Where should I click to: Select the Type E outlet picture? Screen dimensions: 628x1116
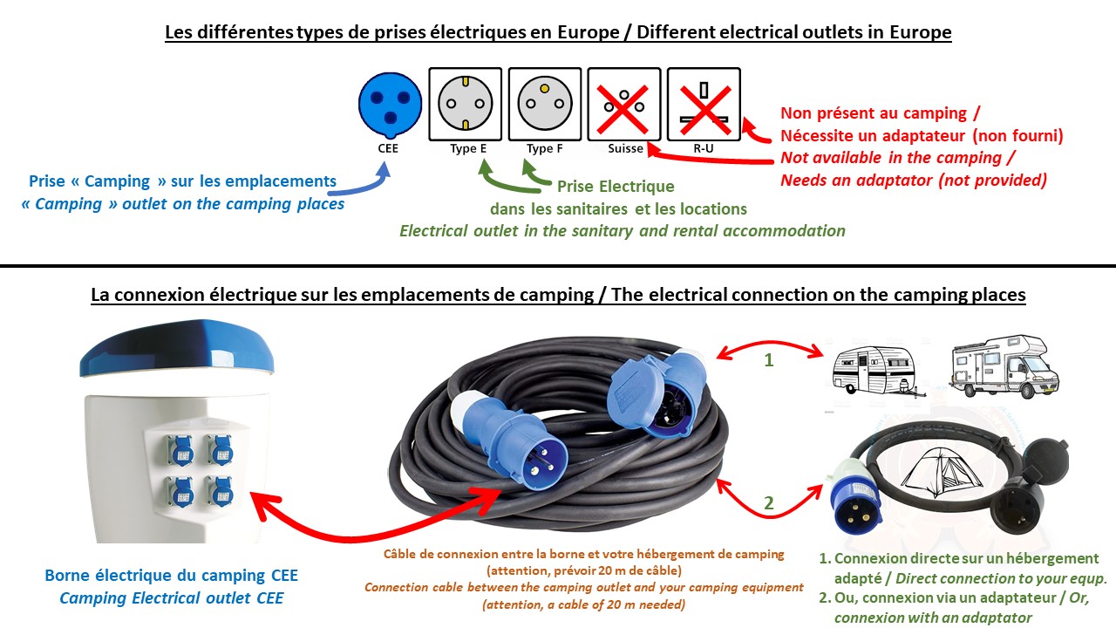click(x=465, y=104)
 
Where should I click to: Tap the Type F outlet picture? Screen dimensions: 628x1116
click(x=544, y=104)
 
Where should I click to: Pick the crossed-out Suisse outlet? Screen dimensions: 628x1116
click(x=623, y=104)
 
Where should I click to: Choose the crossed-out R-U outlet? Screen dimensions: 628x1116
click(x=703, y=104)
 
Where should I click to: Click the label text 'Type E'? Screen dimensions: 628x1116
click(x=468, y=148)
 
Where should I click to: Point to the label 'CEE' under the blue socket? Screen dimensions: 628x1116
click(x=389, y=148)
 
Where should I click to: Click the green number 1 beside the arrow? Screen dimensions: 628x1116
click(x=769, y=359)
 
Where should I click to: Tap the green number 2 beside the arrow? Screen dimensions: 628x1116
click(x=769, y=502)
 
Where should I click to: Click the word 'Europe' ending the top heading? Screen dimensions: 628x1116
click(x=916, y=33)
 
